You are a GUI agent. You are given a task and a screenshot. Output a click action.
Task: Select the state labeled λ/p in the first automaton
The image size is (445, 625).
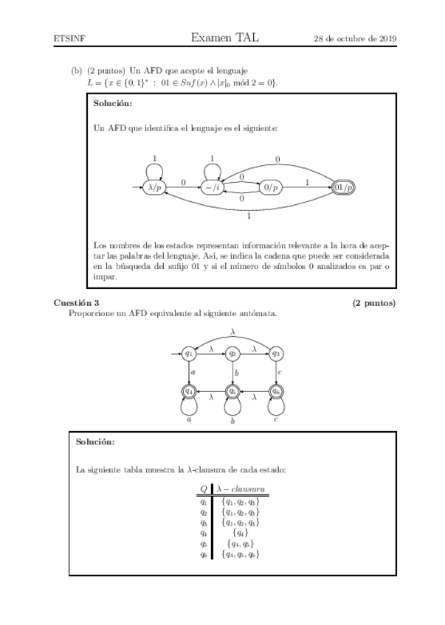(x=156, y=188)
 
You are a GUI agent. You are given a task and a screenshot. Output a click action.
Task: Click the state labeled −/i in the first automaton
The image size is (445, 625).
(x=213, y=188)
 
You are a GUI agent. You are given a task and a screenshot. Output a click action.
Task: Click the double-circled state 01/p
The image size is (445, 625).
(x=344, y=188)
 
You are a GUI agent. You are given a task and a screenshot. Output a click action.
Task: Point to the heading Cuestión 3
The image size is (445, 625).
(x=76, y=303)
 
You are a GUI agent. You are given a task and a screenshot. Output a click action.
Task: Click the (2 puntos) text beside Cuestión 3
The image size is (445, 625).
(x=373, y=303)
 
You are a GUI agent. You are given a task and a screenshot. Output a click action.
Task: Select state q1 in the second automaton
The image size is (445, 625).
(x=190, y=354)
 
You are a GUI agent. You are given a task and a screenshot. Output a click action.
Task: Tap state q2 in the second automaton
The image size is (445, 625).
(x=232, y=354)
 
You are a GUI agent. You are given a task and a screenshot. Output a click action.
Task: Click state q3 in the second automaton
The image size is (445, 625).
(x=276, y=354)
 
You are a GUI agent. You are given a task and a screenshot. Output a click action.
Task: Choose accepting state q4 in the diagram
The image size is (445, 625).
(x=190, y=391)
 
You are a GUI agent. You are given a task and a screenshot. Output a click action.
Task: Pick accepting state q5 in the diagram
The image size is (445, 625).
(x=232, y=391)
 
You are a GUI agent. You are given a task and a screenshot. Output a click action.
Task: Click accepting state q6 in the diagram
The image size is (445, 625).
(x=276, y=391)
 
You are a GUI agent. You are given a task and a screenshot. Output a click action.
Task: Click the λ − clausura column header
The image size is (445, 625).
(x=242, y=489)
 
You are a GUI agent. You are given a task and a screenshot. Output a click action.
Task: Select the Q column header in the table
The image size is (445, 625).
(x=203, y=489)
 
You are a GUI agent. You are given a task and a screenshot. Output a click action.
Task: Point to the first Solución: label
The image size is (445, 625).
(x=113, y=103)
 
